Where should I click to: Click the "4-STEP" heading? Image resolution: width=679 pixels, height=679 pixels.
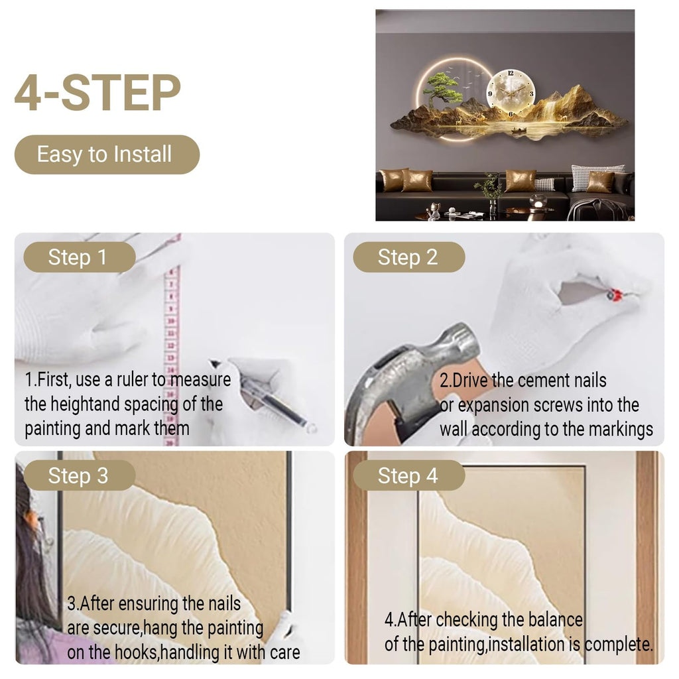coord(97,93)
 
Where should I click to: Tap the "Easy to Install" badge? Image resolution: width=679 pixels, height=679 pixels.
coord(107,154)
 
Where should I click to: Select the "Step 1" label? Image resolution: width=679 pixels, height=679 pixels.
coord(80,257)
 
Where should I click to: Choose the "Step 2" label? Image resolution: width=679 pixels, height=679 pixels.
coord(408,257)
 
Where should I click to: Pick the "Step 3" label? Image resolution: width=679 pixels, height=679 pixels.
coord(80,475)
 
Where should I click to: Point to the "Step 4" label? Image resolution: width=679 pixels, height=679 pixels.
coord(408,475)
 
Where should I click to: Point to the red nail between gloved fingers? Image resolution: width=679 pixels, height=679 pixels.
coord(614,294)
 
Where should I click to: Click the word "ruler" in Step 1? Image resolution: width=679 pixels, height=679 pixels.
coord(132,380)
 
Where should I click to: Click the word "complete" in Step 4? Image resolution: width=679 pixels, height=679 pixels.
coord(618,645)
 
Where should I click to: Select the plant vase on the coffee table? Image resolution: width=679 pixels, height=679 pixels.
coord(493,207)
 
